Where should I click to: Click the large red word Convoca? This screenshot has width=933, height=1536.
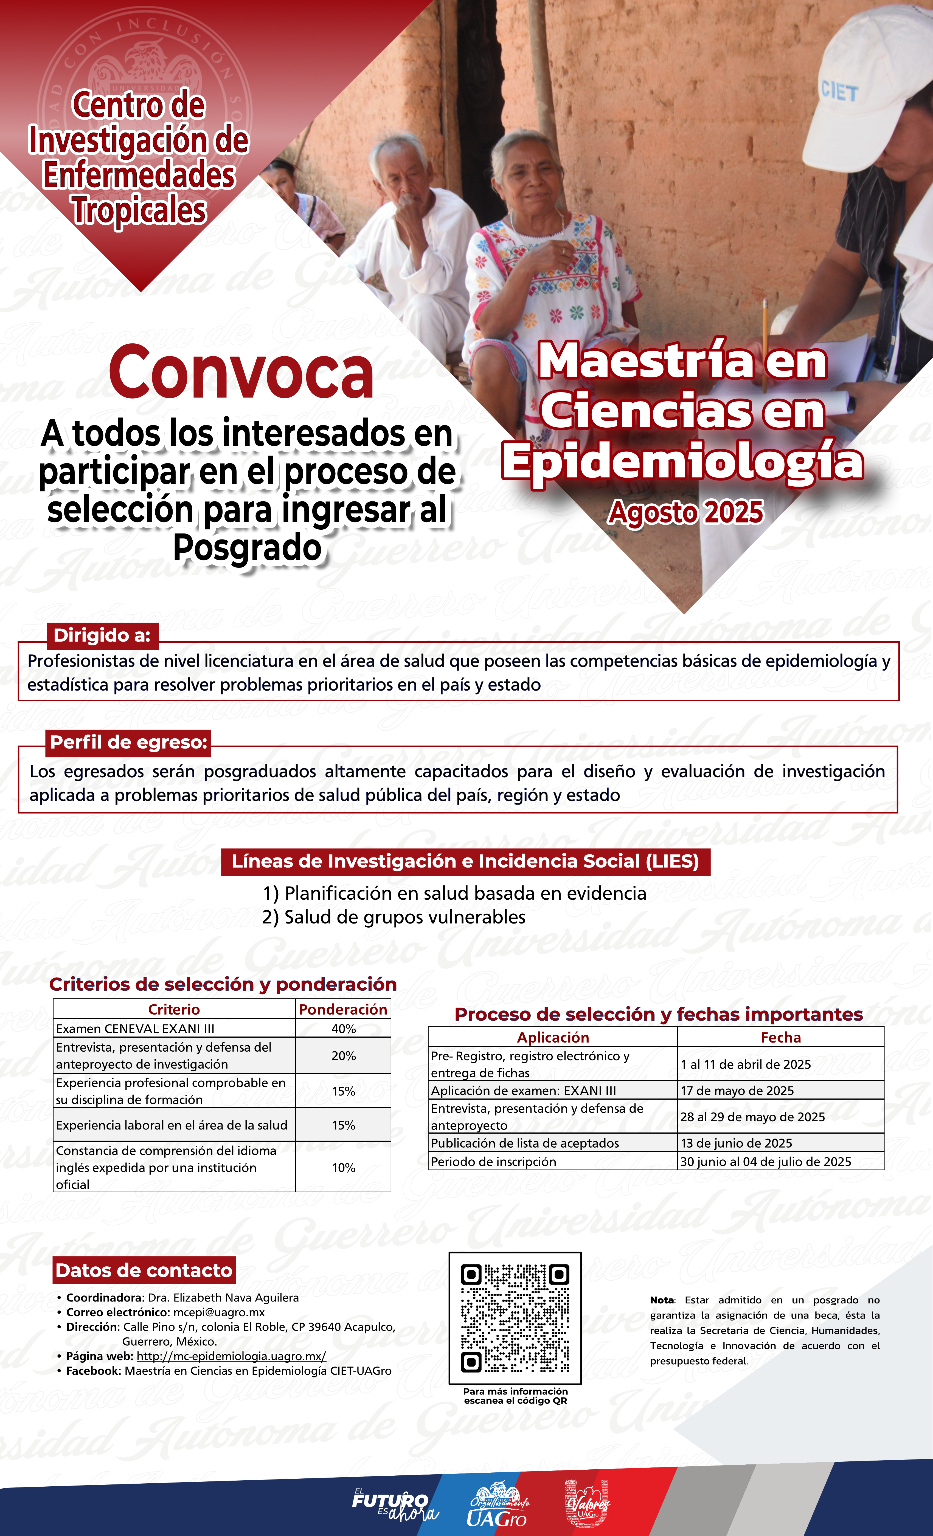(241, 373)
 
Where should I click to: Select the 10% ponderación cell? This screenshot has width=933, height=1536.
(343, 1168)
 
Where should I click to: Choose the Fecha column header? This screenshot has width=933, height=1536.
(780, 1037)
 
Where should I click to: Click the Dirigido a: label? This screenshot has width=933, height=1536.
(102, 635)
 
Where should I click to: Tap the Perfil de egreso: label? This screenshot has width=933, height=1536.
(128, 742)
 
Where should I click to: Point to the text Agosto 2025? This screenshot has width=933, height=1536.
(685, 512)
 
